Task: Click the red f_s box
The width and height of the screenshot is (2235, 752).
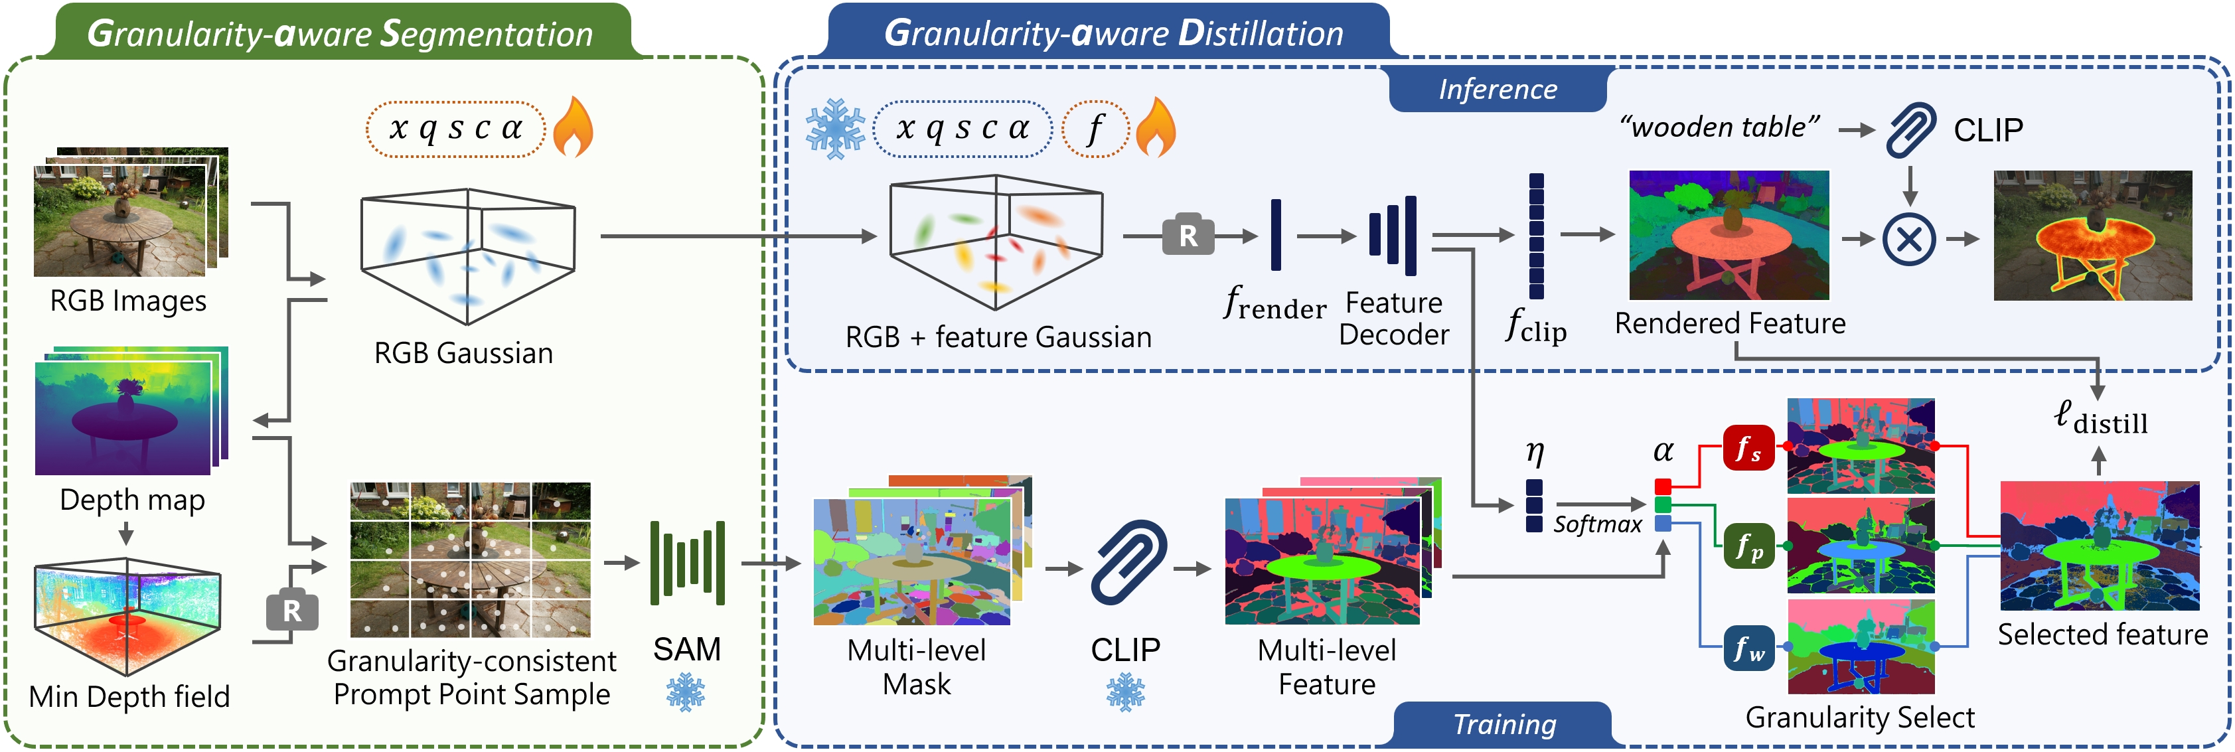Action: (x=1748, y=447)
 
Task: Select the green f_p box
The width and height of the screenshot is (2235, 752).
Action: (x=1748, y=546)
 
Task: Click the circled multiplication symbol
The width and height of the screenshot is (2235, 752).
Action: (x=1909, y=238)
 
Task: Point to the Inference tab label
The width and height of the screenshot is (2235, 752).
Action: (x=1498, y=90)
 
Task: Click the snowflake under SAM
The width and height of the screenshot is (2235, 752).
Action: (x=686, y=693)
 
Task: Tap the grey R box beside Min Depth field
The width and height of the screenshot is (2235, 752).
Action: (x=291, y=611)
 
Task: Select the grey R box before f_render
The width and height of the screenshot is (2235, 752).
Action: (x=1188, y=234)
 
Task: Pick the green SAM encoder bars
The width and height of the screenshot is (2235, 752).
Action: (x=687, y=563)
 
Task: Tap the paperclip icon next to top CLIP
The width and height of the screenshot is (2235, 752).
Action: (x=1911, y=129)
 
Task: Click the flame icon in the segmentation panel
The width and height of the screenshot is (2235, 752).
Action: (x=574, y=127)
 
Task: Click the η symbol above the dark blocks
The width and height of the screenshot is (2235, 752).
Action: (x=1535, y=451)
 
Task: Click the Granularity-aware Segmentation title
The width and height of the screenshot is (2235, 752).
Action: (x=340, y=34)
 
